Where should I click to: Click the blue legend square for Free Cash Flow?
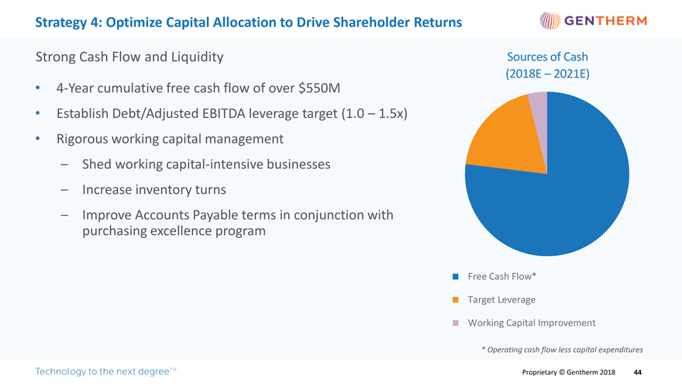[x=456, y=277]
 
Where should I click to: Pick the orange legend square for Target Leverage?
[x=456, y=299]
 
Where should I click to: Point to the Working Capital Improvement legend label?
[x=532, y=323]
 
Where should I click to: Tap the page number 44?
[x=637, y=372]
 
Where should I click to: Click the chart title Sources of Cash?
[x=546, y=57]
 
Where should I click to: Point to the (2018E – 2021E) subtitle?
[x=546, y=74]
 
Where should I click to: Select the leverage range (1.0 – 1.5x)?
[x=374, y=114]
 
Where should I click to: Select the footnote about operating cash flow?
[x=562, y=349]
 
